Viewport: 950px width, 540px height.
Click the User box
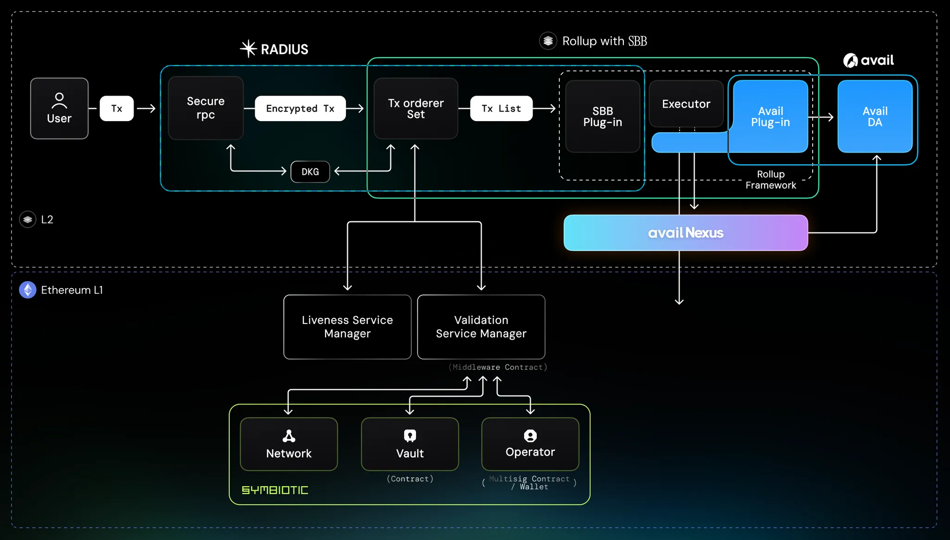point(59,109)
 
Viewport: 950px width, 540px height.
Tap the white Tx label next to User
point(116,109)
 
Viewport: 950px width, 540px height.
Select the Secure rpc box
point(205,108)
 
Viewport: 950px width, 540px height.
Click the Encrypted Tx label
point(300,109)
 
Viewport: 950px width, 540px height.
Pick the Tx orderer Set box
point(416,109)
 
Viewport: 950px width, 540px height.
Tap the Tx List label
point(501,109)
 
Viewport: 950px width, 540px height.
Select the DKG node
point(310,172)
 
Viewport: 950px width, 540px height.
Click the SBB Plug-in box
point(603,116)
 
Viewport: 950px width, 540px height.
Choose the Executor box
point(686,104)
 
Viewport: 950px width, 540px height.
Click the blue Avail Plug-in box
point(770,116)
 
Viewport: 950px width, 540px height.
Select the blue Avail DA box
point(875,116)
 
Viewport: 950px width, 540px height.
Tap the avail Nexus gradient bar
point(686,233)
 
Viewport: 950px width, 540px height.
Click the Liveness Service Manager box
point(347,327)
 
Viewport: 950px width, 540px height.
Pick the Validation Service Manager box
point(481,327)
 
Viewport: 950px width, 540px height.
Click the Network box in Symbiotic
point(289,444)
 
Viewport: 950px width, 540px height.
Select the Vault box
point(410,444)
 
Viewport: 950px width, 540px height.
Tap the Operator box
point(530,444)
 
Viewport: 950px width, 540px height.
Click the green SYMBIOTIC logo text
point(275,490)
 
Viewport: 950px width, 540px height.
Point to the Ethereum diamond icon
point(28,290)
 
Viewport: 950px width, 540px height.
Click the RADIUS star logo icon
point(249,49)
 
